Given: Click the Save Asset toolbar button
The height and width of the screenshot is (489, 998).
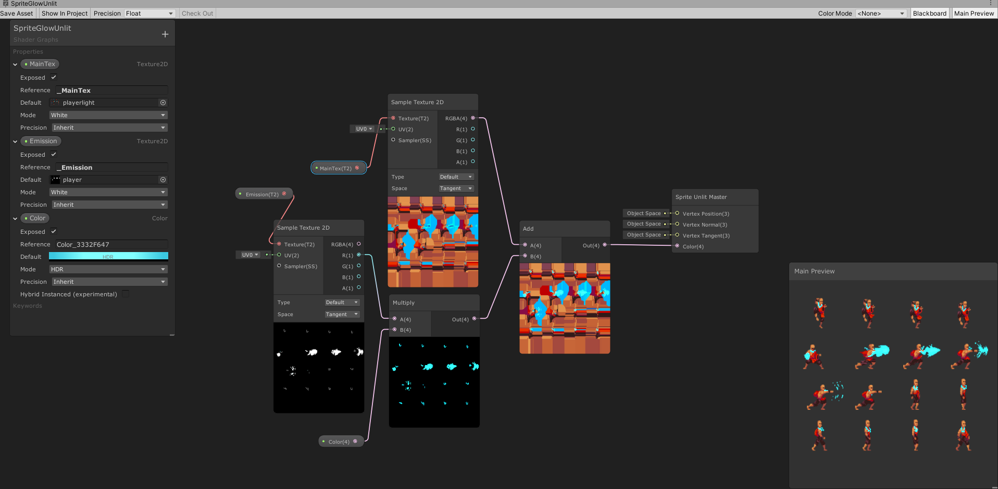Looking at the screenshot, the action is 17,14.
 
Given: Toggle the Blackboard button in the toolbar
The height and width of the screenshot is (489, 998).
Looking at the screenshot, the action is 929,14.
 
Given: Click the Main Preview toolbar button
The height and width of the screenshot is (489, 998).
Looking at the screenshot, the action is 974,14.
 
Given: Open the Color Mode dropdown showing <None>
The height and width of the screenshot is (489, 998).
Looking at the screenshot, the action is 881,14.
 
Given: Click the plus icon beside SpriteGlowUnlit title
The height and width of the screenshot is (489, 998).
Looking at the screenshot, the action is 165,34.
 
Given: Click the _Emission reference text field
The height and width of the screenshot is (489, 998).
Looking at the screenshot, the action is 111,168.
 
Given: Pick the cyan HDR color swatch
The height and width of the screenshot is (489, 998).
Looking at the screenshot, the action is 108,256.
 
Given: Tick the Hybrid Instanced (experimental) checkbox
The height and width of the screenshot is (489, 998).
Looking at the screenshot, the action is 126,294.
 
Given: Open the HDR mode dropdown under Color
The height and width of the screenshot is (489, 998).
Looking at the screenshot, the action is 108,269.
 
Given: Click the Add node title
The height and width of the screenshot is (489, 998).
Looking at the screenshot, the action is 528,229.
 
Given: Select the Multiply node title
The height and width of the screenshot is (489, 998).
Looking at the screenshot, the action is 404,303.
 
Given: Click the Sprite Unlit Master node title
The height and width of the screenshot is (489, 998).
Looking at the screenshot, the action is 701,197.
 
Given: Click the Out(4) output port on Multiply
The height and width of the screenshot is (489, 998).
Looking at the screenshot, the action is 474,319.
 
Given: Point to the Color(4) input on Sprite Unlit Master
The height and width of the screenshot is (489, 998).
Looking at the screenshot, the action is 677,246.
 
